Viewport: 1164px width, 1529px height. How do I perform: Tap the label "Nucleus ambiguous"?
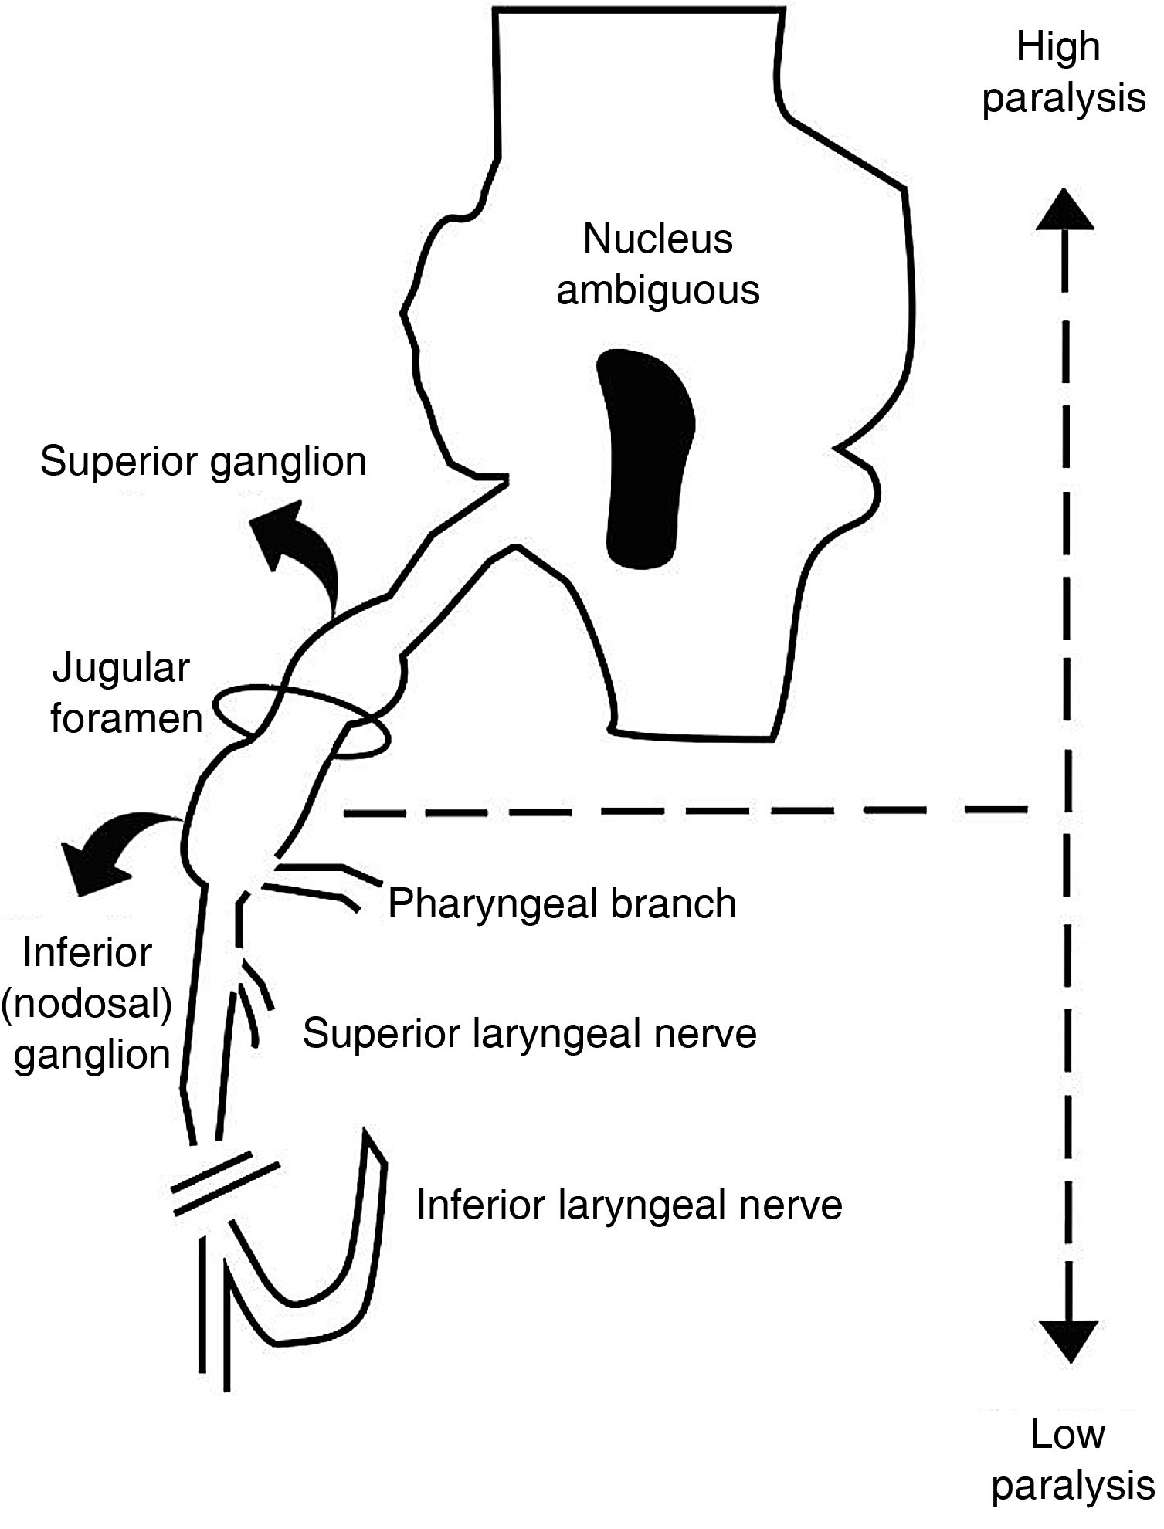click(658, 264)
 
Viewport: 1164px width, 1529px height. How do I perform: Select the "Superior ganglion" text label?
click(203, 462)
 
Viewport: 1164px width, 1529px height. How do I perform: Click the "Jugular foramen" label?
click(125, 693)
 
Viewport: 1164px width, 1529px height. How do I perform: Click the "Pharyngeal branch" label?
click(562, 903)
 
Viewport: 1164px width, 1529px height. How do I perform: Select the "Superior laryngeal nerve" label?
click(529, 1033)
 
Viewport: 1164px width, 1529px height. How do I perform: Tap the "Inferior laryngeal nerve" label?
click(629, 1204)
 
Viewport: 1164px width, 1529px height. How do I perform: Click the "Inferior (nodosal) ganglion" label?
click(87, 1003)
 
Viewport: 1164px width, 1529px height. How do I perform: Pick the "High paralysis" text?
click(1063, 73)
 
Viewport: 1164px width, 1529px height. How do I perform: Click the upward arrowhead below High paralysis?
click(1065, 209)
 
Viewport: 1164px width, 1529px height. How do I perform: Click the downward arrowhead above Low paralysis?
click(1068, 1341)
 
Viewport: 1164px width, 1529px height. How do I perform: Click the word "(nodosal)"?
click(87, 1003)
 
